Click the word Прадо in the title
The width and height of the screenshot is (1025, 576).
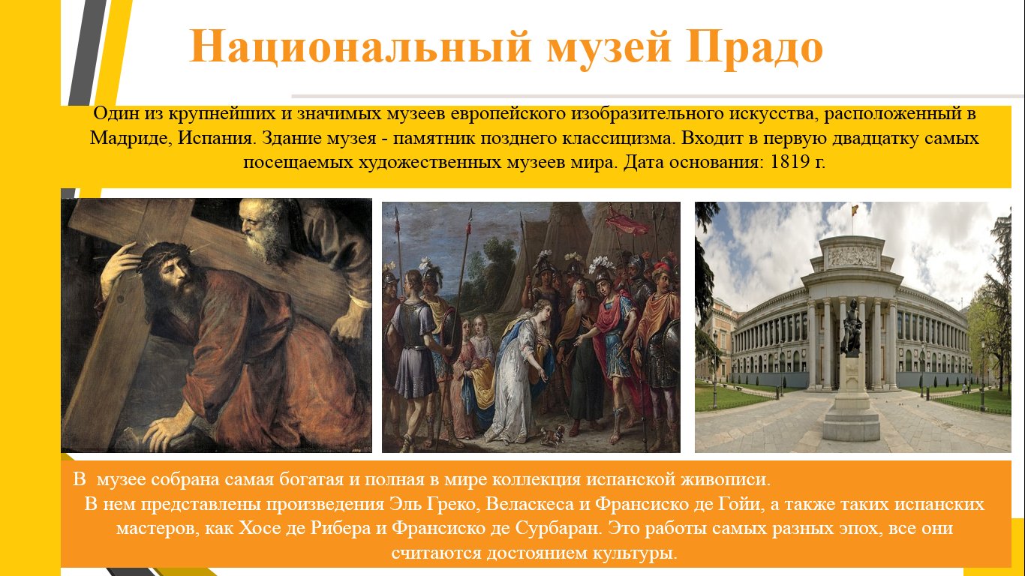click(754, 47)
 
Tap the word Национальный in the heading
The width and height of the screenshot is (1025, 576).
click(361, 47)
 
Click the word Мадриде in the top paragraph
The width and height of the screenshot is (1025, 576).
click(130, 138)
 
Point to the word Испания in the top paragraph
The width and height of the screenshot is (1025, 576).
click(215, 138)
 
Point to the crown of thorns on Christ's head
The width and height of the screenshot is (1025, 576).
click(161, 257)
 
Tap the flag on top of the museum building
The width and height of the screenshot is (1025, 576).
click(854, 211)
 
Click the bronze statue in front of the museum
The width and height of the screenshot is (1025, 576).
click(851, 328)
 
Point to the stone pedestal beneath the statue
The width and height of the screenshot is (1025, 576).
click(851, 398)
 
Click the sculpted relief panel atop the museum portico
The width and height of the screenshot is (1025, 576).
click(852, 256)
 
